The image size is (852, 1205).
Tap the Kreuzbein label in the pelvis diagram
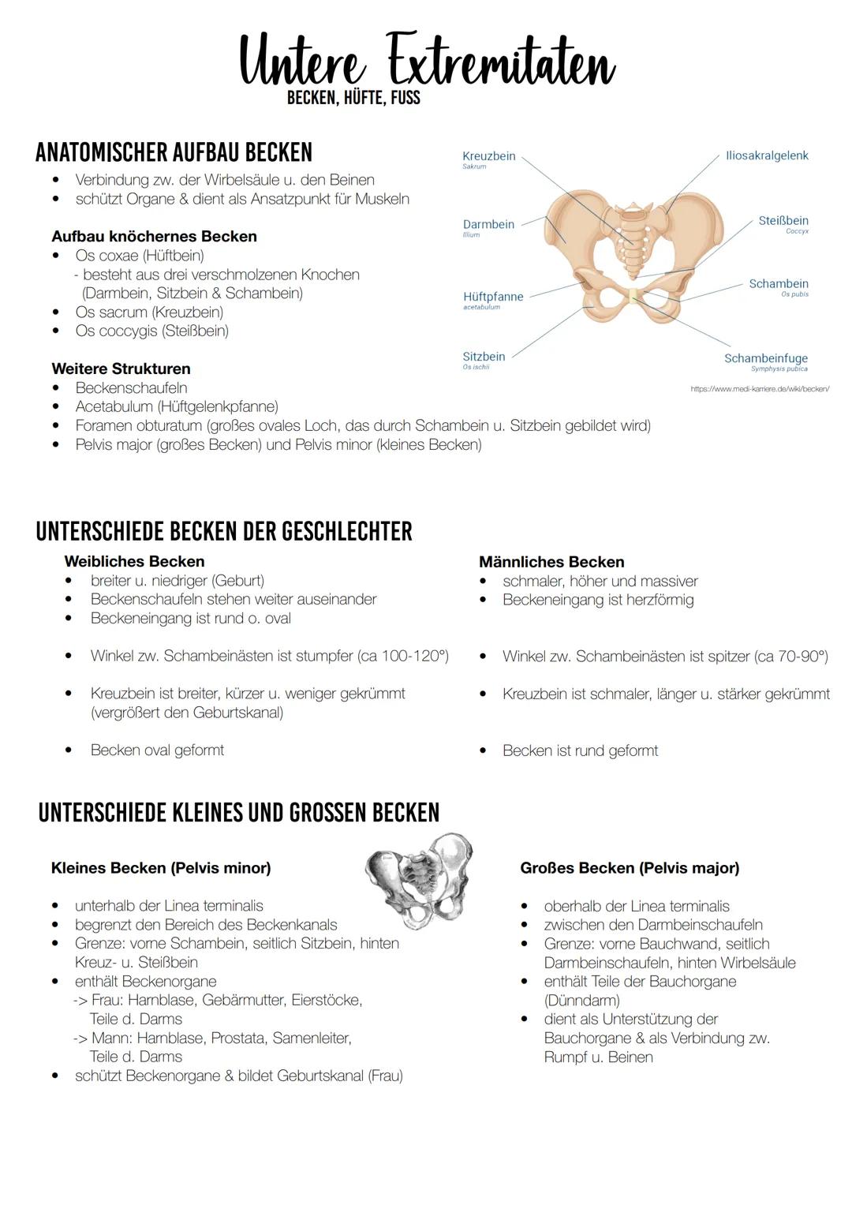pos(488,156)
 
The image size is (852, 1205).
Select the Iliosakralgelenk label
pos(766,156)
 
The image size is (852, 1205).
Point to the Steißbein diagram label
pos(783,221)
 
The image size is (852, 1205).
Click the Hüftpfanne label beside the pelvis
pos(493,297)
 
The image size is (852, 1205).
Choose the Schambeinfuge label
pos(765,358)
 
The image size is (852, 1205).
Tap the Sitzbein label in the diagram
pos(484,357)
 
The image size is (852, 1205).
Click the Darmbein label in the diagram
pos(488,225)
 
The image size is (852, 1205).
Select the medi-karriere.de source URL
pos(759,389)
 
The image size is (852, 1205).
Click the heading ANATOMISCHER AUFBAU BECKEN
pos(174,152)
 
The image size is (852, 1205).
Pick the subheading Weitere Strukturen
pos(121,369)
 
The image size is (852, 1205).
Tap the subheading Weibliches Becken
pos(134,561)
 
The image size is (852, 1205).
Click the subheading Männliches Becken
pos(551,562)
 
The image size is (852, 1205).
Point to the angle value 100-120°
pos(414,656)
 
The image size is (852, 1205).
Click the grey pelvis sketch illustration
pos(420,878)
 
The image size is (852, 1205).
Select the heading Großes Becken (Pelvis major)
pos(630,868)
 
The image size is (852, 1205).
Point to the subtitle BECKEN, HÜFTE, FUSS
pos(353,99)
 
